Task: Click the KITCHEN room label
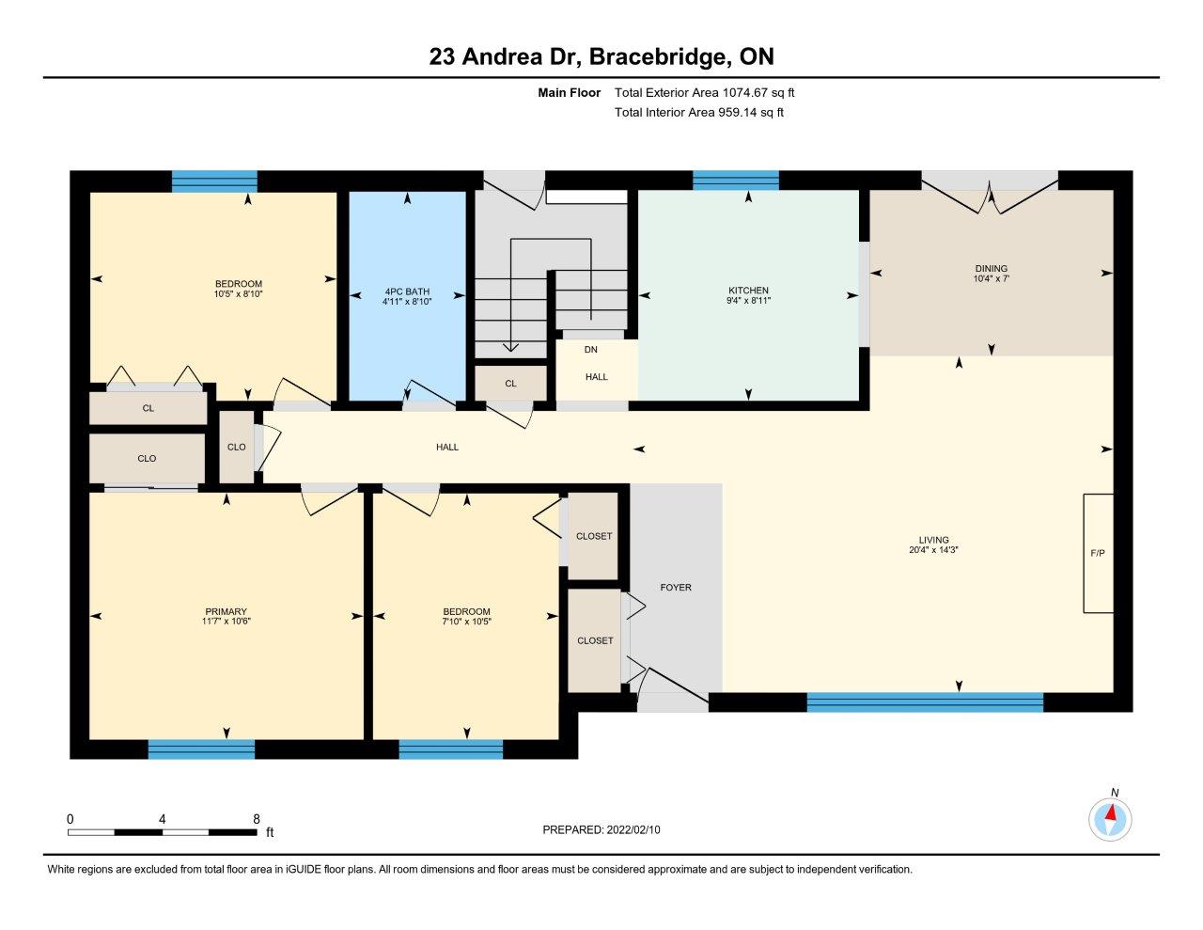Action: [748, 291]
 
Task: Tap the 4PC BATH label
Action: [407, 292]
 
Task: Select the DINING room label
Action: [991, 269]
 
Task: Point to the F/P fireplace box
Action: [1098, 553]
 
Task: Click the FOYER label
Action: [676, 587]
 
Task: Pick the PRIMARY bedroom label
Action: [226, 611]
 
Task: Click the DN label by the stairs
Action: [591, 350]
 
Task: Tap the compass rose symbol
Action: [1110, 820]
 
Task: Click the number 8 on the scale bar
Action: [257, 819]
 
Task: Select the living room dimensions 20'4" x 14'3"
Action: [933, 550]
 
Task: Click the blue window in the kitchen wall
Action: [736, 181]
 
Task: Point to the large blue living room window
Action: [925, 702]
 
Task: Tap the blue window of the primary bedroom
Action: [201, 749]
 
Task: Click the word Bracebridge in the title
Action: [658, 56]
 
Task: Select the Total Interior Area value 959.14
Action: [739, 113]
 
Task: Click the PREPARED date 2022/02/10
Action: [633, 829]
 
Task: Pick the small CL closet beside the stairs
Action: [511, 384]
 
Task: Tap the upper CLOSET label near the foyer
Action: [594, 536]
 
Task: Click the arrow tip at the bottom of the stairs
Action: [510, 351]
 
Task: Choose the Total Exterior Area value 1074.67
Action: [745, 92]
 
